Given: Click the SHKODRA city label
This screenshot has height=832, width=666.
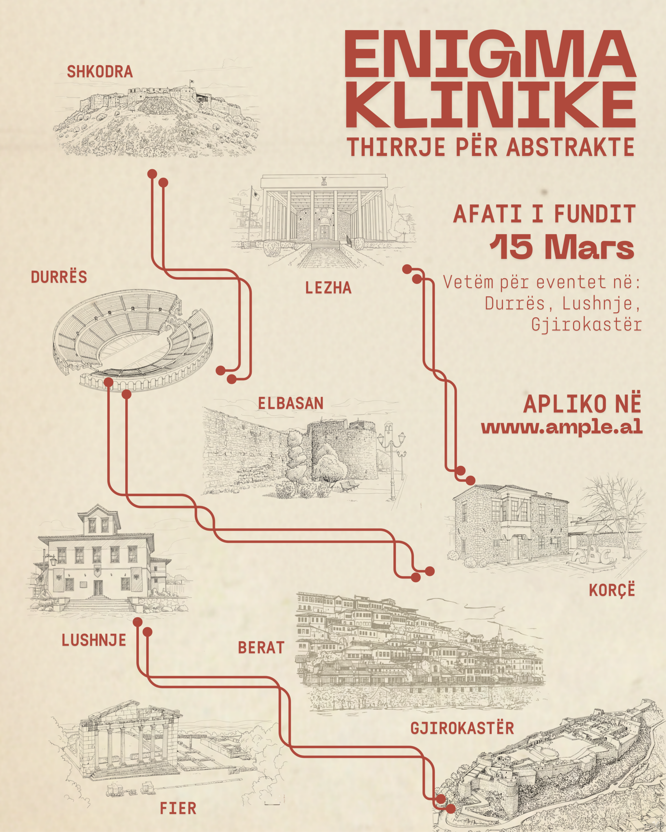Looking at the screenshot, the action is click(100, 72).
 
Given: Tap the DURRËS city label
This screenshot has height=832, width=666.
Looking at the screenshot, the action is click(59, 277).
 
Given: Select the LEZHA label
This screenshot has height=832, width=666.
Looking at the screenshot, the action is click(328, 288).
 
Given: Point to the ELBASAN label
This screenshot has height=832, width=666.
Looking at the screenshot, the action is click(291, 403).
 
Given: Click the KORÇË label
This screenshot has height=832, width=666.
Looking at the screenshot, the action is click(612, 591).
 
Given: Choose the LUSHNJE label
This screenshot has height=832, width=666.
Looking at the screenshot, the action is click(94, 641).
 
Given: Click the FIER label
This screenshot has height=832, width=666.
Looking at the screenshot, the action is click(178, 808).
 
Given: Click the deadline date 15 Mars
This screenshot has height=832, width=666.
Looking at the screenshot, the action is click(562, 247).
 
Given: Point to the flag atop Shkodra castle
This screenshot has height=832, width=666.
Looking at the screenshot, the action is click(191, 82).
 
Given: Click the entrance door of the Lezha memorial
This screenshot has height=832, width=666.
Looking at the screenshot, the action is click(324, 231).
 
